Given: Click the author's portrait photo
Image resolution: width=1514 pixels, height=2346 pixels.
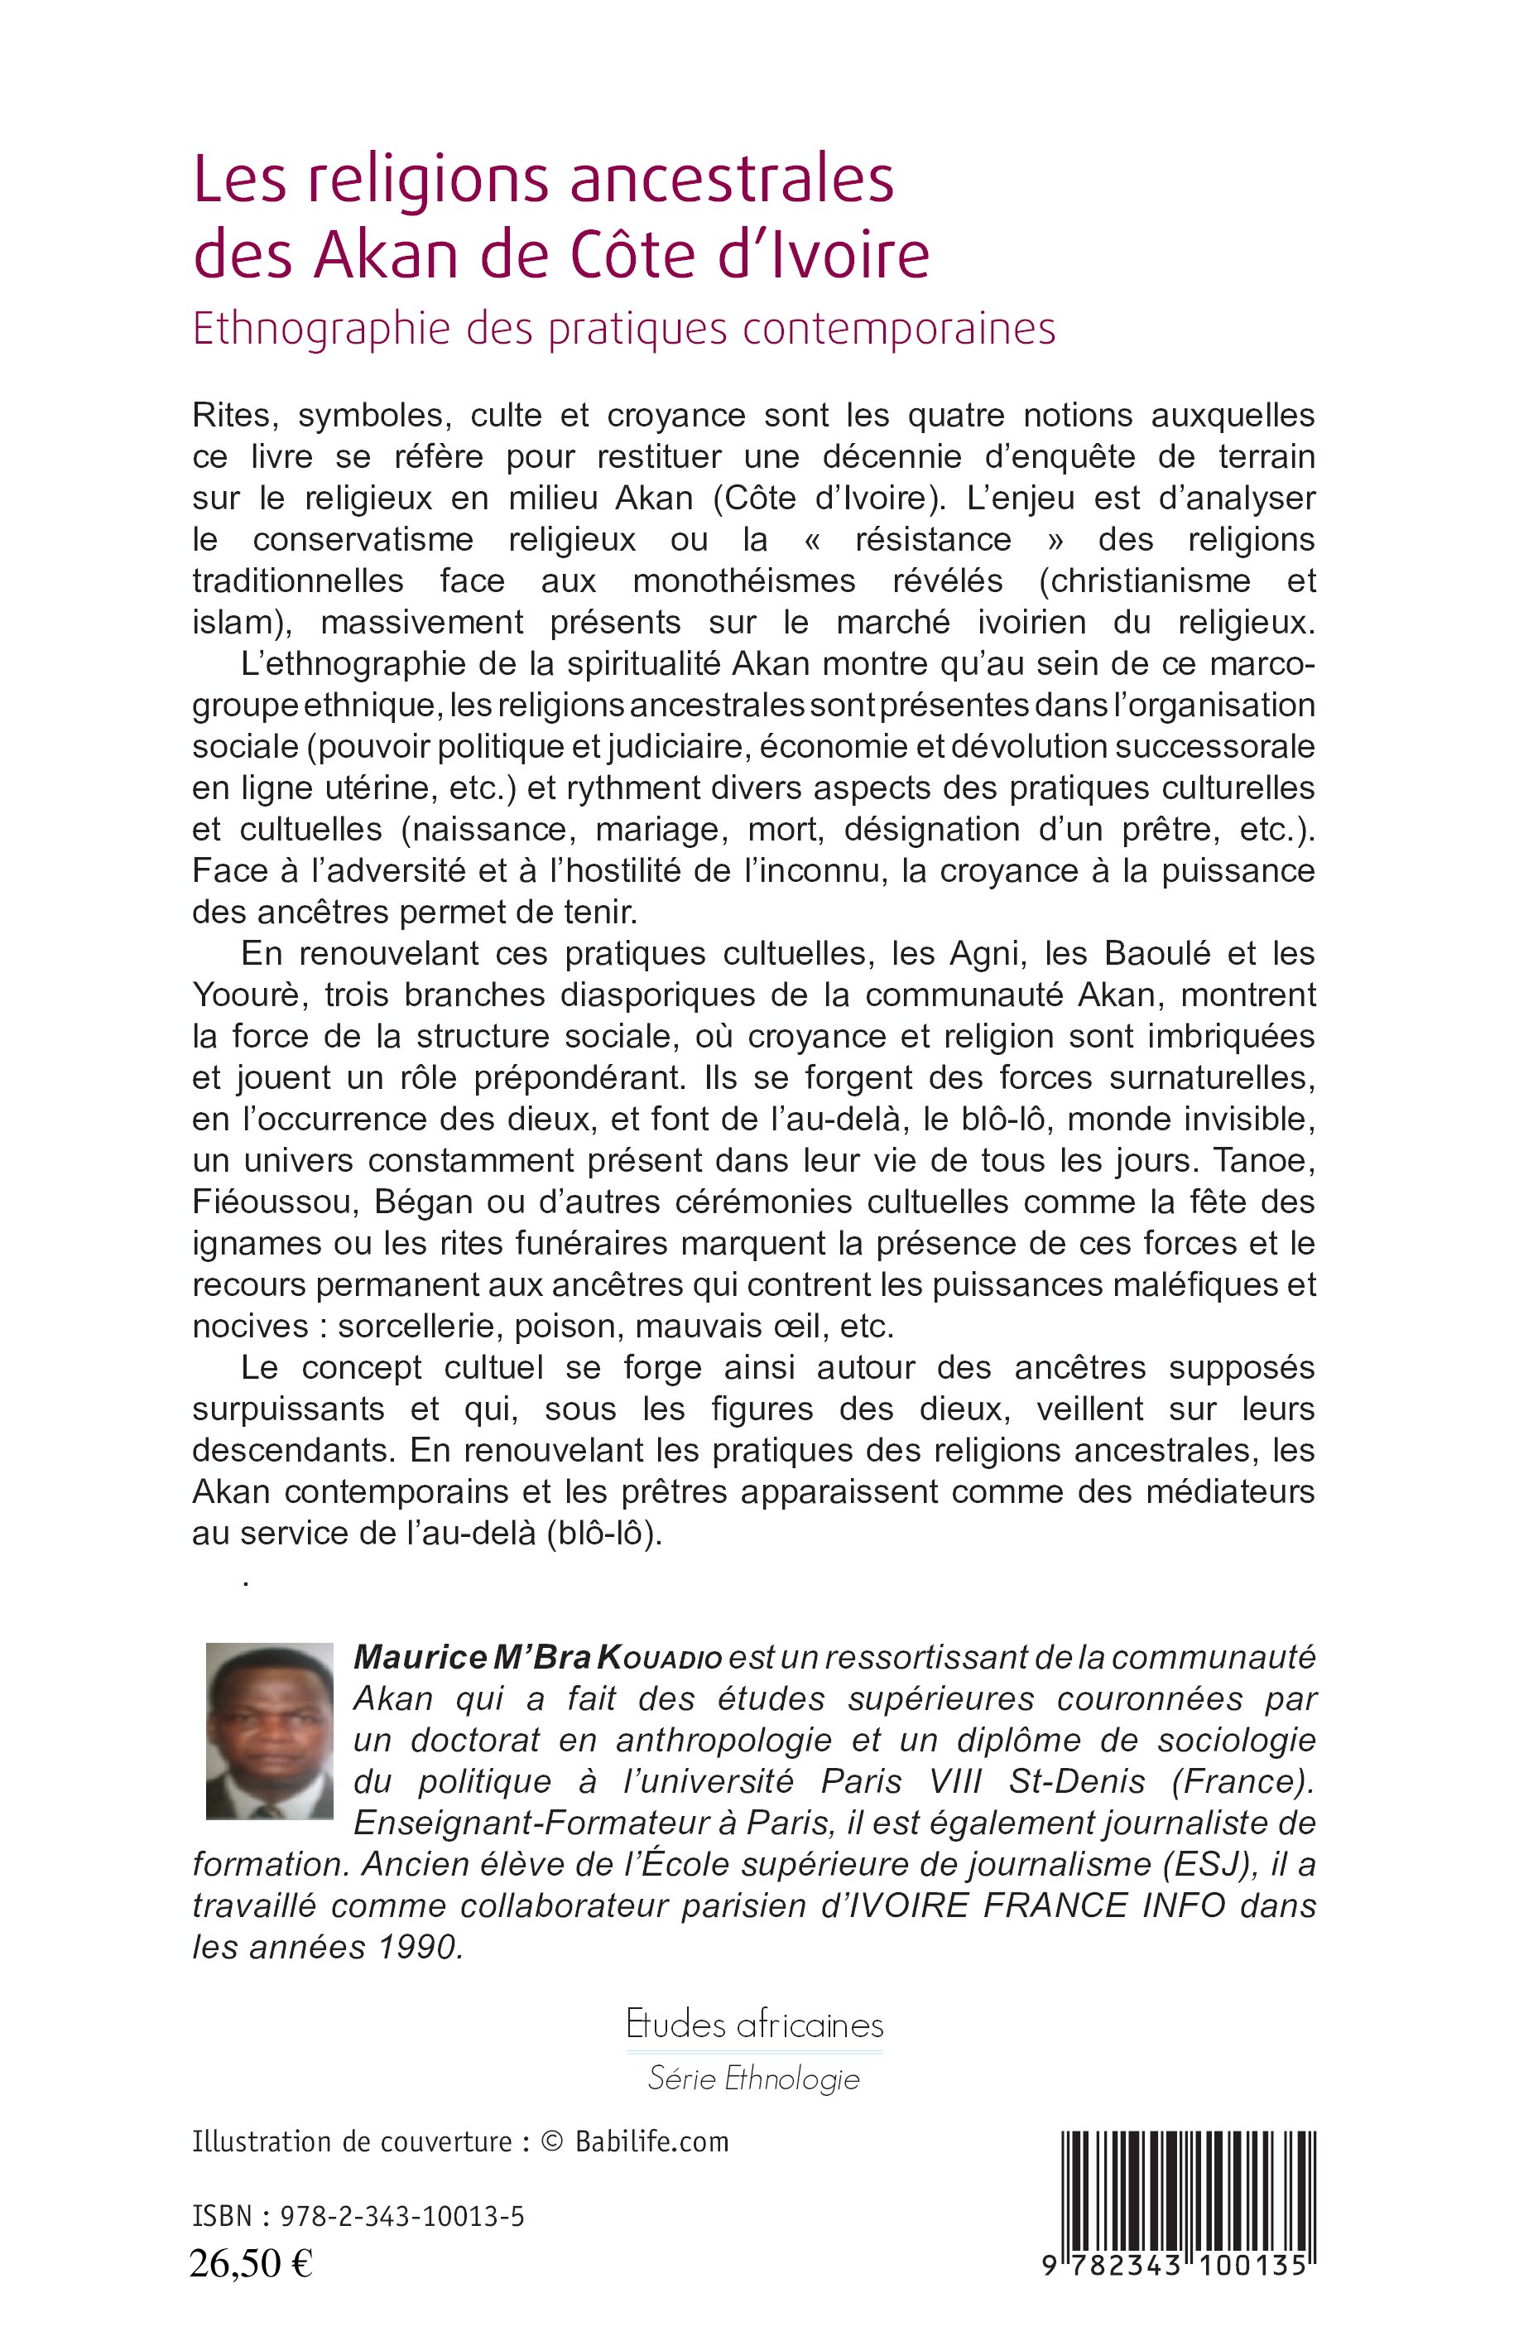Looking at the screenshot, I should click(x=269, y=1730).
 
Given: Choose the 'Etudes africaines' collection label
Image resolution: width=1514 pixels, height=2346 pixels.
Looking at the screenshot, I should click(x=754, y=2025).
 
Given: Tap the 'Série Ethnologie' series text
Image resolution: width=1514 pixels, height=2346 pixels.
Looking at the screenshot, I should click(x=754, y=2079).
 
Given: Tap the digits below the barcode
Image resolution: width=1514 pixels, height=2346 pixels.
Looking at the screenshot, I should click(x=1175, y=2264).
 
